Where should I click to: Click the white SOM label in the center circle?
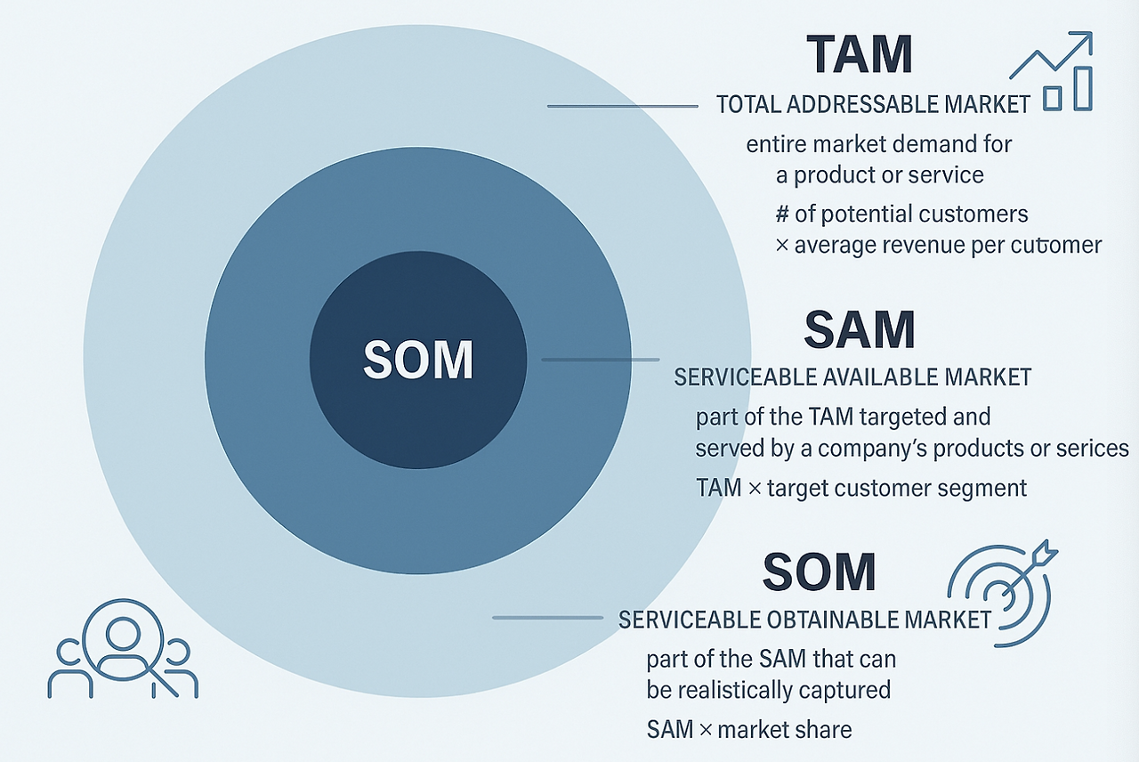click(418, 360)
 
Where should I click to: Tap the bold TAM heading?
click(860, 54)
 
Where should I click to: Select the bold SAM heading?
click(860, 329)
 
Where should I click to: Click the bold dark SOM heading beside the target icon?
click(820, 571)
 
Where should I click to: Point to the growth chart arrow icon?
click(1051, 70)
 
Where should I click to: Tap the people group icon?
click(123, 649)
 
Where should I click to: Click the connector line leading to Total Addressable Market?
click(622, 106)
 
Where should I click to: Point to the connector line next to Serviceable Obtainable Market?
click(547, 618)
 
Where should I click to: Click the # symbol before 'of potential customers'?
click(782, 215)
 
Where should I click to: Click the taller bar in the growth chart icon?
click(1083, 89)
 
